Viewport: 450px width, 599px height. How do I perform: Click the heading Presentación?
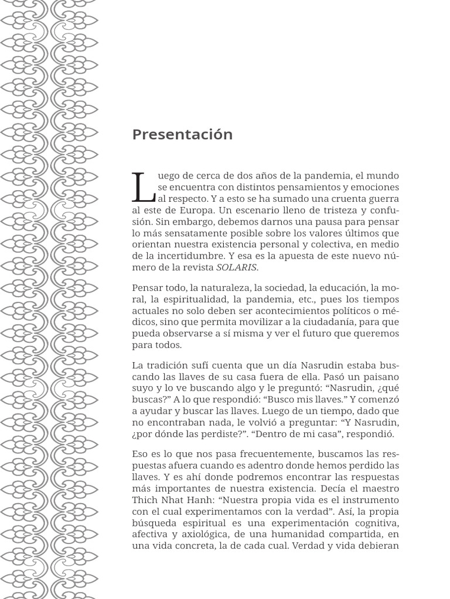[182, 135]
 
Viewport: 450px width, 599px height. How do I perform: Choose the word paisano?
[380, 377]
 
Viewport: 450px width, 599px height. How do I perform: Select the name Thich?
[145, 500]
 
